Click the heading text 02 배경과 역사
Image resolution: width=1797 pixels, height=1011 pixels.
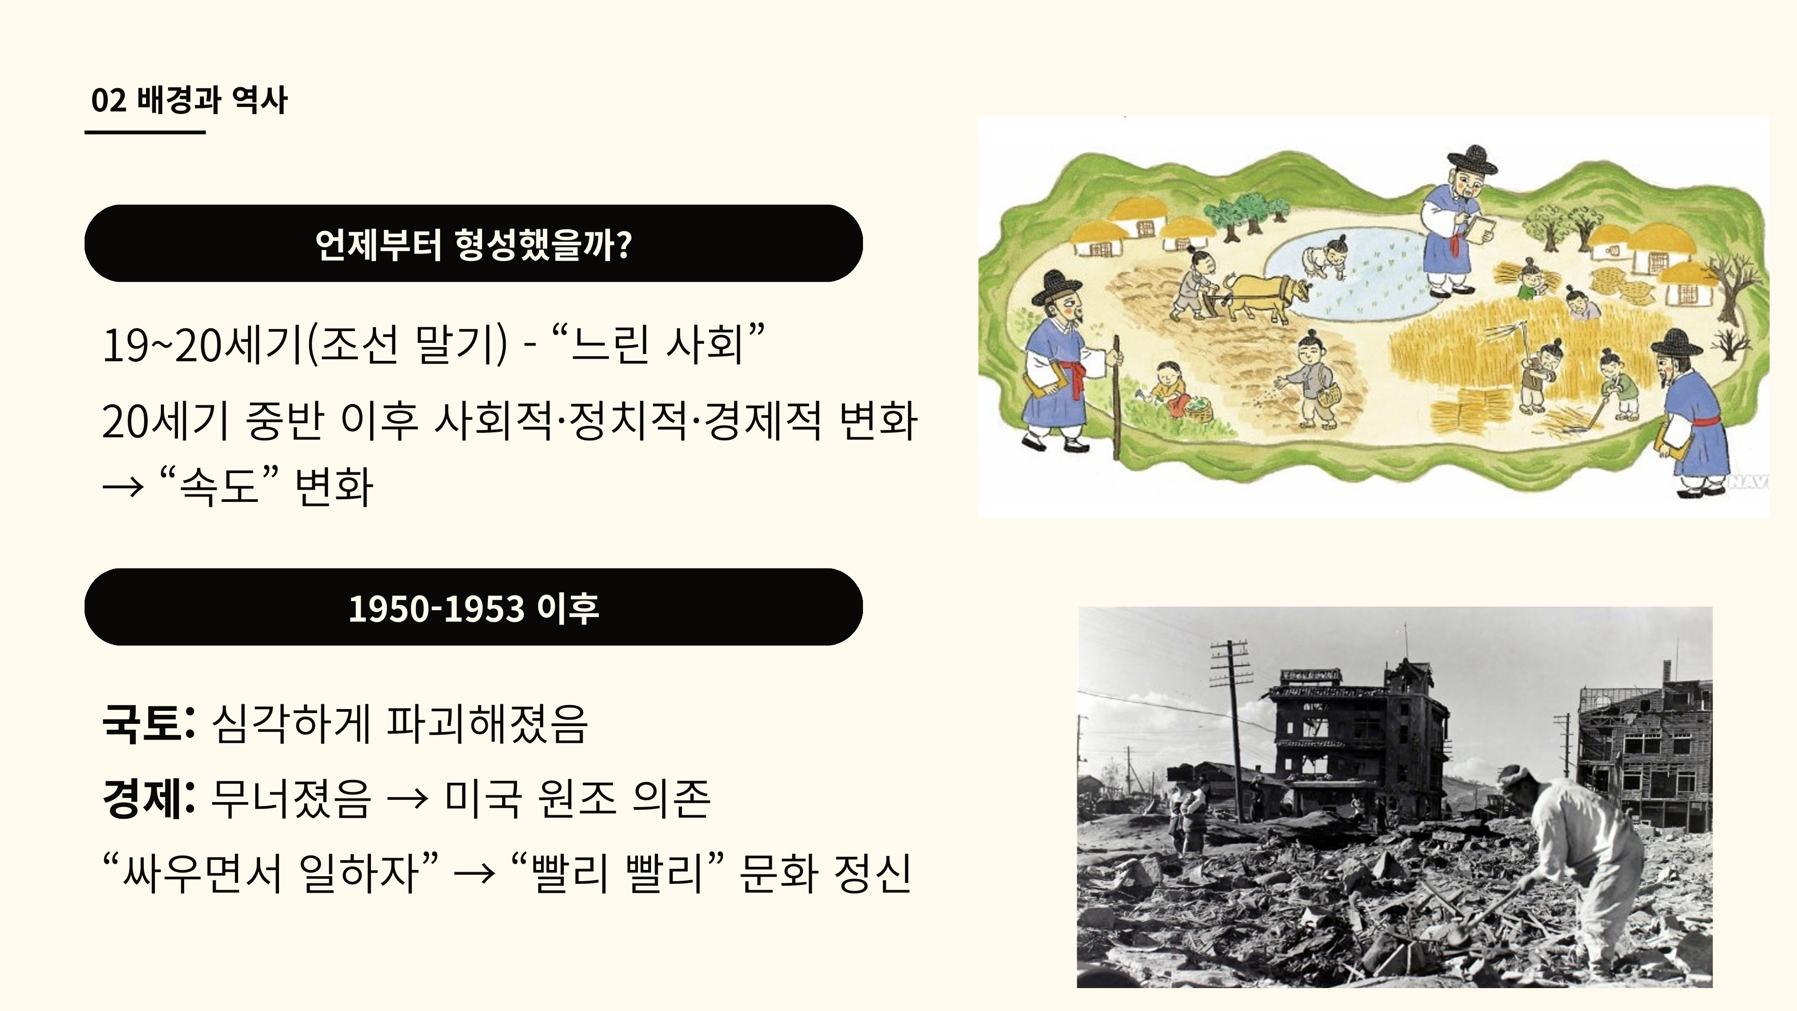[189, 100]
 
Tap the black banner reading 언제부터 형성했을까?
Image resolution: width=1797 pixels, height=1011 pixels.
[474, 244]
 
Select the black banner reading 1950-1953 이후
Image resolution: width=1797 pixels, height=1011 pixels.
[474, 607]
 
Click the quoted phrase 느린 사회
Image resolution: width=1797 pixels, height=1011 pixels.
[657, 345]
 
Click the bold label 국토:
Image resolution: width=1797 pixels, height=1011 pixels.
[148, 723]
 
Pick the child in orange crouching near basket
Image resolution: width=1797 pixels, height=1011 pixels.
[1169, 388]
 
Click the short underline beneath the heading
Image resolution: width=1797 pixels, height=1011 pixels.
[145, 131]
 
